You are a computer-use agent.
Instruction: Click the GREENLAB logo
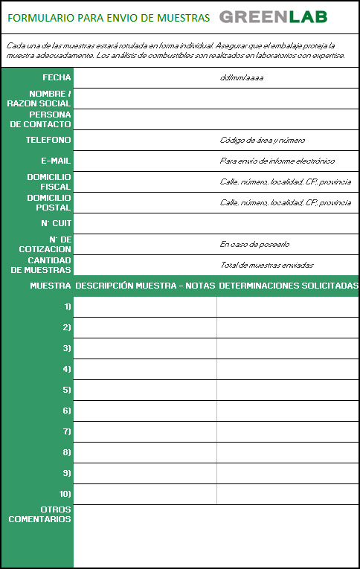click(x=273, y=17)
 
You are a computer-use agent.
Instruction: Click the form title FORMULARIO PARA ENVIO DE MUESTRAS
click(x=109, y=18)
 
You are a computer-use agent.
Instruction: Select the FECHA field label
click(x=57, y=77)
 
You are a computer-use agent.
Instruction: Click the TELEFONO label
click(x=48, y=140)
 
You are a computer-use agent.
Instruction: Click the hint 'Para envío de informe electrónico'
click(x=277, y=161)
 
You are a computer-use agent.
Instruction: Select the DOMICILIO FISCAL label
click(x=49, y=181)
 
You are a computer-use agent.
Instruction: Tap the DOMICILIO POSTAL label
click(x=49, y=202)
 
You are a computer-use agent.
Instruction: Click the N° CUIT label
click(x=56, y=223)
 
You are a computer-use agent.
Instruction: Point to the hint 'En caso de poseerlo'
click(x=254, y=244)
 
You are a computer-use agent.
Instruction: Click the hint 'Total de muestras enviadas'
click(x=267, y=265)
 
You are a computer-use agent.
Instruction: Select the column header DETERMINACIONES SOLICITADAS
click(x=289, y=286)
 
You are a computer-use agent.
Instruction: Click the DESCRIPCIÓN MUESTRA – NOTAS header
click(x=145, y=286)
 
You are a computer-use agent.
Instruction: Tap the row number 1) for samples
click(x=67, y=306)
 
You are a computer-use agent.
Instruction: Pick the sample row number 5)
click(x=67, y=390)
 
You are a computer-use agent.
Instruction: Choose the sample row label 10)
click(x=65, y=494)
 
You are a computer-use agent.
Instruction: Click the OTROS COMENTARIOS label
click(x=40, y=514)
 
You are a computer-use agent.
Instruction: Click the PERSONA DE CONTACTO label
click(x=41, y=119)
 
